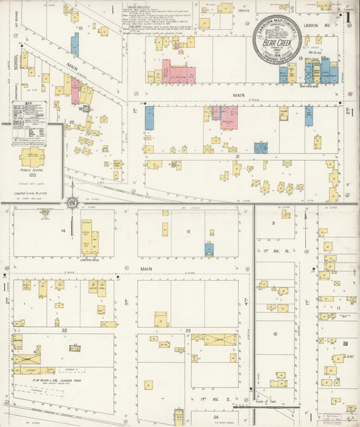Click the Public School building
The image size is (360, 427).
[32, 158]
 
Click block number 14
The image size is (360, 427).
[63, 231]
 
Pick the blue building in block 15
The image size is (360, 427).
[209, 249]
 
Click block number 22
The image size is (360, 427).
[64, 330]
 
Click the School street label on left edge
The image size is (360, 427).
[14, 62]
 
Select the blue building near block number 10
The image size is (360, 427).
[75, 45]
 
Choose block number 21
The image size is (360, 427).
[238, 156]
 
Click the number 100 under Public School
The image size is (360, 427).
[32, 175]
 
